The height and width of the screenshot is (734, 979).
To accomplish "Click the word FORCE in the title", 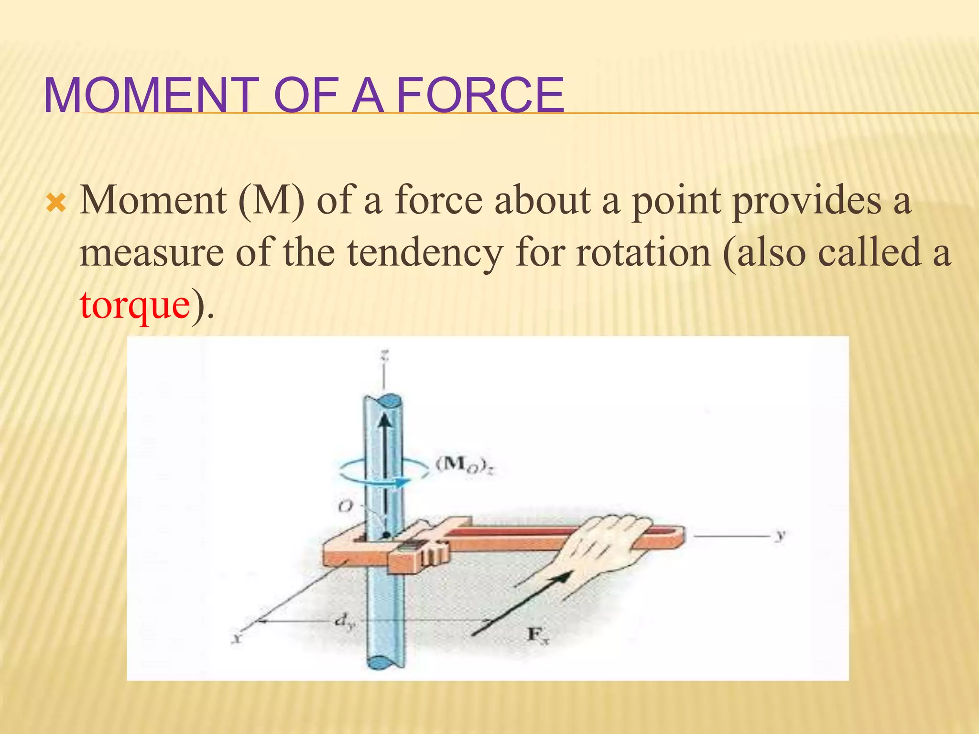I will pos(480,95).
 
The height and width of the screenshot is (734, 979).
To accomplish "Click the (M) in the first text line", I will pos(271,201).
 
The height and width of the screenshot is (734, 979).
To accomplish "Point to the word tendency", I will pos(424,253).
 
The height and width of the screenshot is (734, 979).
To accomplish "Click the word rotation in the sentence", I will pos(643,253).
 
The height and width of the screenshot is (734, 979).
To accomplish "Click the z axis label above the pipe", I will pos(384,356).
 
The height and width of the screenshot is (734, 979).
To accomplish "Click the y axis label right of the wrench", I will pos(780,535).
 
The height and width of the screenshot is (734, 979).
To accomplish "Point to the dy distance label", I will pos(344,621).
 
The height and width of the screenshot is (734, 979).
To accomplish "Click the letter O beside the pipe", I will pos(345,506).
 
